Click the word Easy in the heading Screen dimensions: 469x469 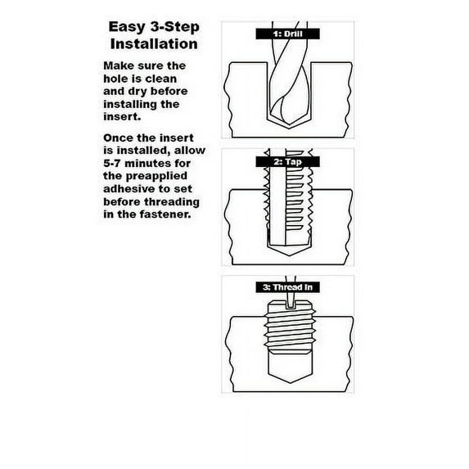click(126, 28)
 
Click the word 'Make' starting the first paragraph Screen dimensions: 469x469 click(120, 66)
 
